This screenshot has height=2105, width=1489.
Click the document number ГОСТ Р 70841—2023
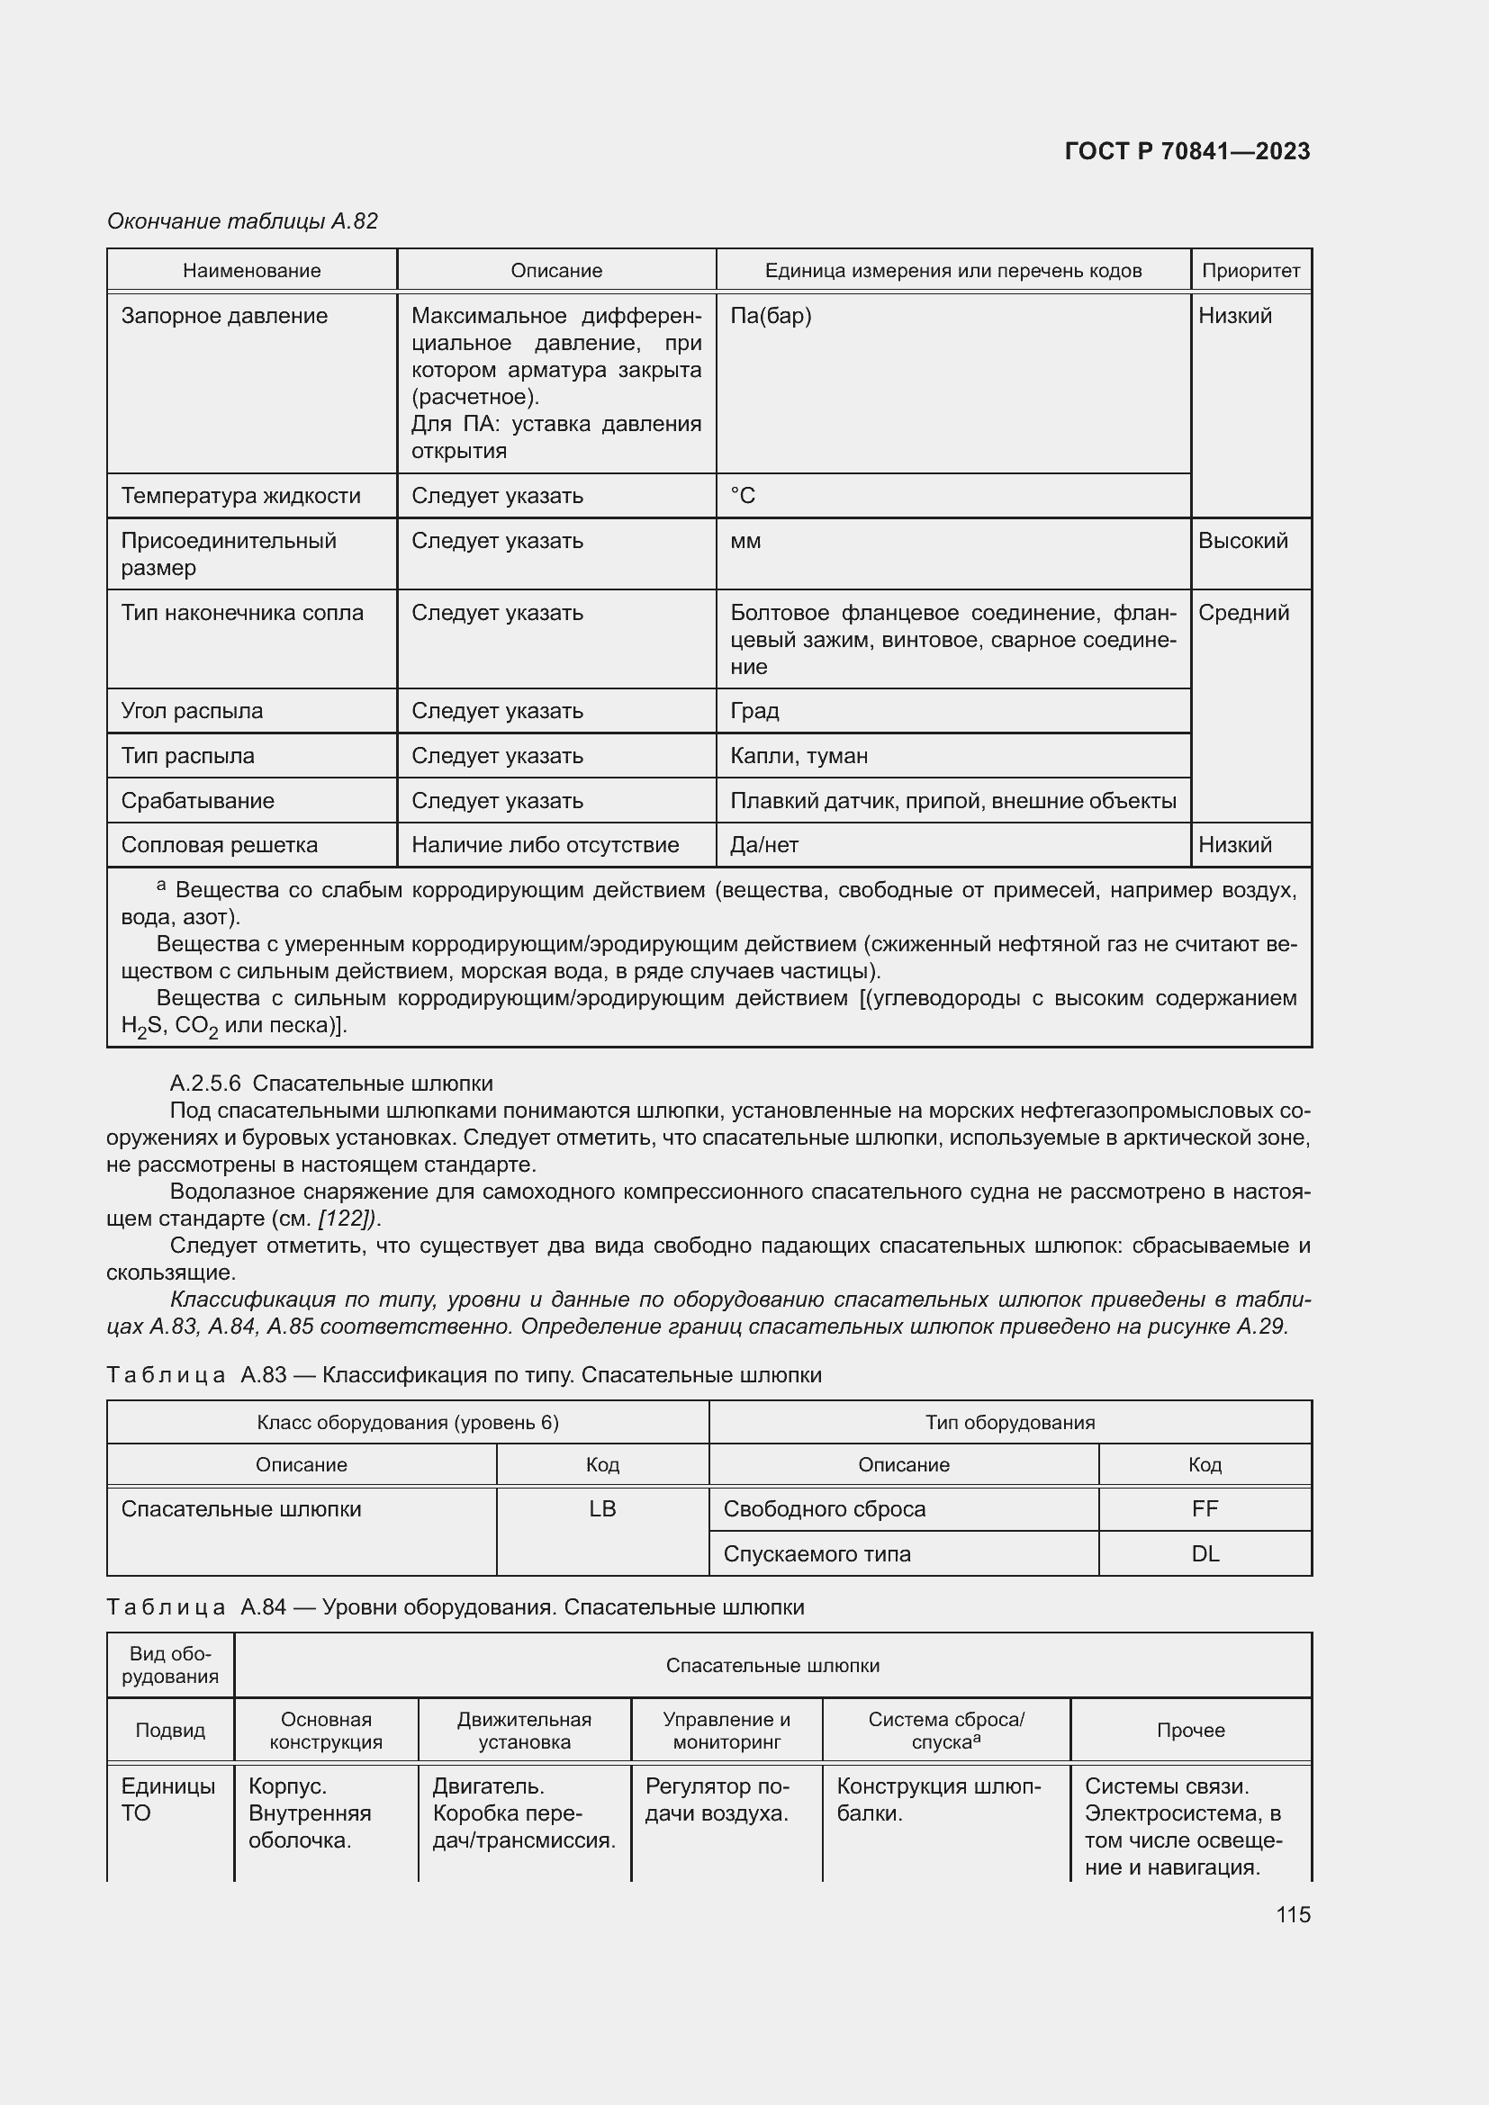1187,151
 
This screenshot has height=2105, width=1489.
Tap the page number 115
1292,1914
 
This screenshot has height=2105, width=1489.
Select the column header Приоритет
1250,271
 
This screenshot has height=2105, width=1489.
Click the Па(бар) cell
771,316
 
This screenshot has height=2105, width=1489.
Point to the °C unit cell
743,496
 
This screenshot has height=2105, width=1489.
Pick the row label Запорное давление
224,316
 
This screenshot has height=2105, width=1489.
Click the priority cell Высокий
1242,541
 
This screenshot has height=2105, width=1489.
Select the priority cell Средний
1242,613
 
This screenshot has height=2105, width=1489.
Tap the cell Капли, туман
799,756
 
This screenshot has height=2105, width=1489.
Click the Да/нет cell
763,845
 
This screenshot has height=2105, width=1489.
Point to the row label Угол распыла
192,712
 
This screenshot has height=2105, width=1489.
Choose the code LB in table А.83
602,1509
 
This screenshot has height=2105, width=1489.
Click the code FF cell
1204,1509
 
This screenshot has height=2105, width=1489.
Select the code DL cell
1204,1554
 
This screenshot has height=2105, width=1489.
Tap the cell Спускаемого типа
816,1554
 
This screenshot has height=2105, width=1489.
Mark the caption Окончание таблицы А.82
242,221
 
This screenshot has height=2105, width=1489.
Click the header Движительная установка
524,1731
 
